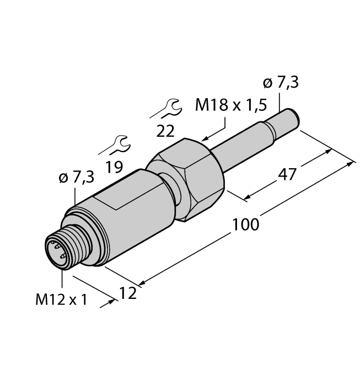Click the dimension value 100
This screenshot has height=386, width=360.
[x=246, y=225]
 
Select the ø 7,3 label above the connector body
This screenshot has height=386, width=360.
[x=76, y=178]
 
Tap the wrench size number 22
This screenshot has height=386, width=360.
[x=165, y=131]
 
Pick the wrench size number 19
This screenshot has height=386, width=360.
[x=114, y=167]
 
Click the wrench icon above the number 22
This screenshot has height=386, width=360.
[x=166, y=108]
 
